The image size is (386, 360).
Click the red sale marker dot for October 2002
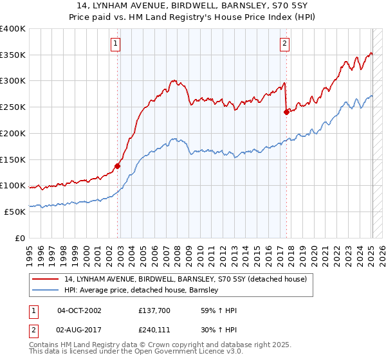pos(117,165)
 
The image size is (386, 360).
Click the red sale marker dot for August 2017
pos(286,111)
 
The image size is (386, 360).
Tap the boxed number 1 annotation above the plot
pos(115,44)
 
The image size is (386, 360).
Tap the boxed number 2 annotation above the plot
pos(284,44)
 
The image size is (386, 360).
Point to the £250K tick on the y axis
pos(12,107)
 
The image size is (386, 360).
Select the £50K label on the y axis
pos(14,212)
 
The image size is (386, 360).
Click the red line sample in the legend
pos(46,279)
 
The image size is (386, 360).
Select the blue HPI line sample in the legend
pos(46,290)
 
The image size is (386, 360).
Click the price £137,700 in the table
pos(153,310)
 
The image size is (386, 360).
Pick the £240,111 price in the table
pos(153,329)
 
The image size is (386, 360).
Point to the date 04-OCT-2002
pos(79,310)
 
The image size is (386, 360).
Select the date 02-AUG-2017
pos(79,329)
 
